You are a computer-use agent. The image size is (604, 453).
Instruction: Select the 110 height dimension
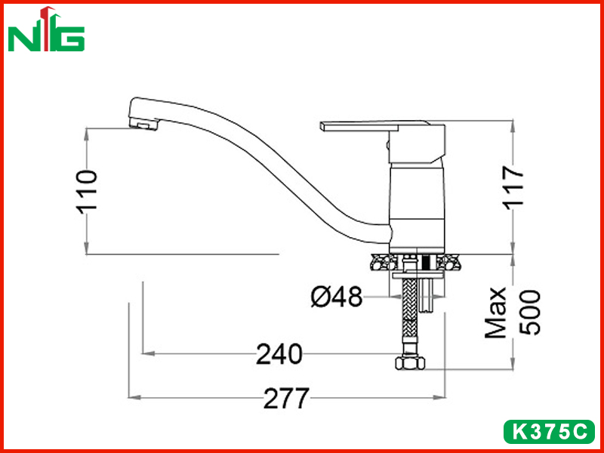87,192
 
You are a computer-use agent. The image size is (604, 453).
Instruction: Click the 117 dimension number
514,187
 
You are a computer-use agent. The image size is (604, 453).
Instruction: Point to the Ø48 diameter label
337,297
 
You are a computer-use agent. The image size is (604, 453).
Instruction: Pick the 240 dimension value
279,353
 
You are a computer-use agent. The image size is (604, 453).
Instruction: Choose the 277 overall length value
287,398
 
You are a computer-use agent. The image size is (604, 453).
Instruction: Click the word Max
495,313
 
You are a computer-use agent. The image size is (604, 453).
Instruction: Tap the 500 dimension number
530,312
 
